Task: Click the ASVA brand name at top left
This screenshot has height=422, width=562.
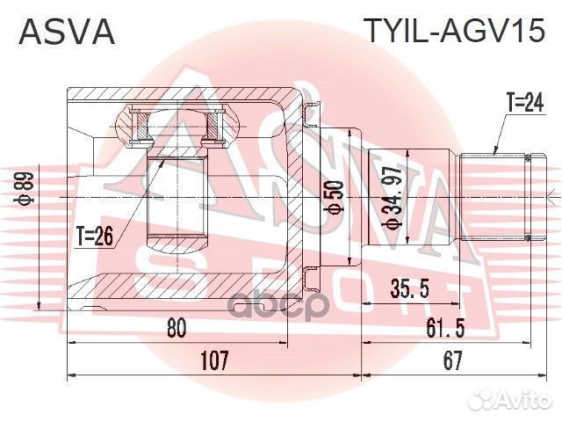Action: point(67,32)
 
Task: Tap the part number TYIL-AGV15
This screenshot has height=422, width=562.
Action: point(455,32)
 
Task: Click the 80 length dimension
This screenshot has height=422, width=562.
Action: point(176,328)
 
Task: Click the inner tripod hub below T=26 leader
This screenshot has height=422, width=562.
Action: point(176,198)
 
